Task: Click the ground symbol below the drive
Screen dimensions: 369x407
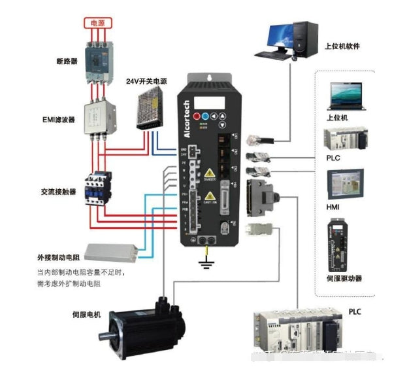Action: (x=208, y=264)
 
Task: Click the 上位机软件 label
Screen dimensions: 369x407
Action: (x=342, y=47)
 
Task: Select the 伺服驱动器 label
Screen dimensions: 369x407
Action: (x=344, y=278)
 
